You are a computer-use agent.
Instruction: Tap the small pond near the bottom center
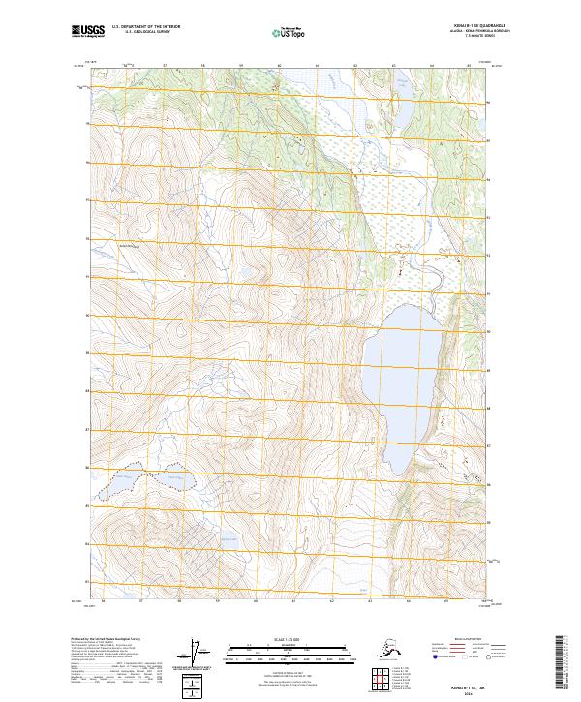229,536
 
